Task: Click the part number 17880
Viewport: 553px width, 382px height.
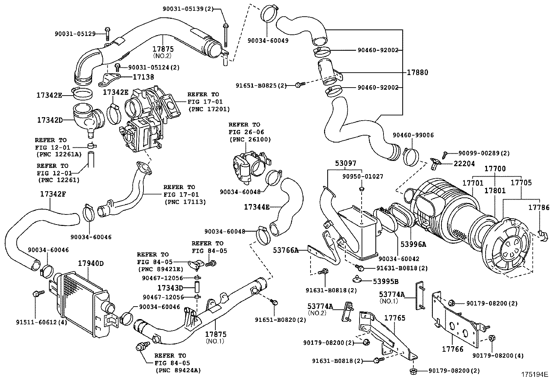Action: coord(418,73)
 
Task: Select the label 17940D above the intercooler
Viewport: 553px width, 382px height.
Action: coord(90,263)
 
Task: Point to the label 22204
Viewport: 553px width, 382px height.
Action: coord(464,164)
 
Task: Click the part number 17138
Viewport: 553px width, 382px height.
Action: coord(143,77)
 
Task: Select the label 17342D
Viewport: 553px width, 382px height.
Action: coord(50,120)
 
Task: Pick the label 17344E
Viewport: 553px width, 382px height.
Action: coord(257,207)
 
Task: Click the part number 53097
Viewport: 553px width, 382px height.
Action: coord(346,163)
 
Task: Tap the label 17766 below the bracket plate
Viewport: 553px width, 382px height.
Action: coord(453,349)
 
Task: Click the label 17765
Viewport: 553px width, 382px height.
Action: coord(395,318)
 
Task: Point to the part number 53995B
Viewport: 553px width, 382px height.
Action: coord(386,281)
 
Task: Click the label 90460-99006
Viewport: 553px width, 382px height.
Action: coord(413,135)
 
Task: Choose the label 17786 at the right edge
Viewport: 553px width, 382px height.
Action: coord(539,208)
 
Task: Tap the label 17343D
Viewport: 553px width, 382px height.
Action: coord(170,288)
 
